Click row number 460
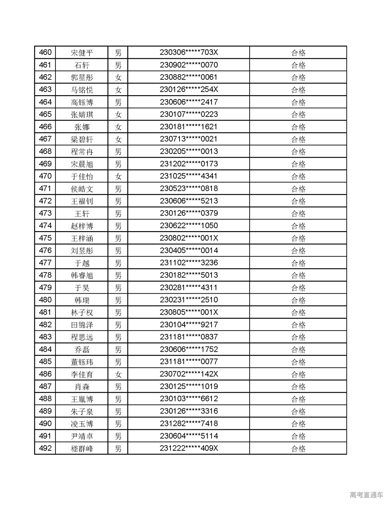[x=45, y=52]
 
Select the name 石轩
[x=82, y=65]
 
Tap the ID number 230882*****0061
[x=189, y=77]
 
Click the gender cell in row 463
[x=118, y=90]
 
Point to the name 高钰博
[x=82, y=102]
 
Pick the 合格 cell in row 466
[x=298, y=127]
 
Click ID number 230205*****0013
[x=189, y=152]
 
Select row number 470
[x=45, y=176]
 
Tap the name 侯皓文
[x=82, y=189]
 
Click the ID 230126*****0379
[x=189, y=213]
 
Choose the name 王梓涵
[x=82, y=238]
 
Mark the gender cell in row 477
[x=118, y=263]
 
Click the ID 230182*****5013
[x=189, y=275]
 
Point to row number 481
[x=45, y=312]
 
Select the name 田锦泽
[x=82, y=325]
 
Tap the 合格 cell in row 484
[x=298, y=349]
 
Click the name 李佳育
[x=82, y=374]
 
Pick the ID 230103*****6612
[x=189, y=399]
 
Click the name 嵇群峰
[x=82, y=449]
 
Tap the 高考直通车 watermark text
[x=366, y=495]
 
